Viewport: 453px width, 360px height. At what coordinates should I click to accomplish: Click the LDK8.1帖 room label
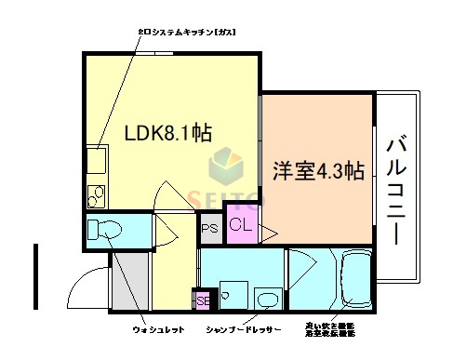(x=168, y=132)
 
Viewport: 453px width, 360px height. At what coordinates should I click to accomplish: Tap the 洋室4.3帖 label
(x=317, y=170)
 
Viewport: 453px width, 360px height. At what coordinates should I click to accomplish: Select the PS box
(x=209, y=225)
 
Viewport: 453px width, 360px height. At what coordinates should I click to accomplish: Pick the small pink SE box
(x=203, y=300)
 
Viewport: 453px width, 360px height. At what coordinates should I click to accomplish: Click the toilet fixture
(x=106, y=229)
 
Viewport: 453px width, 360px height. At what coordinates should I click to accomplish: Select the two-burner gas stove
(x=96, y=196)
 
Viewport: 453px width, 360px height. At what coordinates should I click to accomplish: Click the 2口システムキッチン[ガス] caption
(x=186, y=33)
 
